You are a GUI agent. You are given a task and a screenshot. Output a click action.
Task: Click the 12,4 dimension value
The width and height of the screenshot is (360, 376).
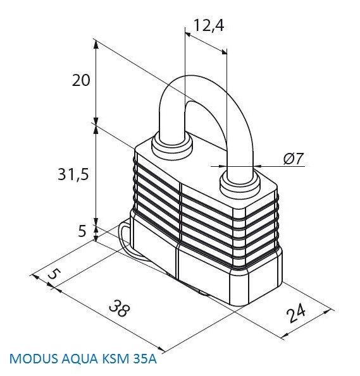208,25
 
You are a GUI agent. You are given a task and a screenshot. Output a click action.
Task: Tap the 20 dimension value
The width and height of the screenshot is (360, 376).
81,80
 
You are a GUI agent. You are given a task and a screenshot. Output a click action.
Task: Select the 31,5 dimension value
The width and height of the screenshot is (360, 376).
73,174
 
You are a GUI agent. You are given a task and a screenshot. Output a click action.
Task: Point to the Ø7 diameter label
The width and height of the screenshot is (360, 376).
294,159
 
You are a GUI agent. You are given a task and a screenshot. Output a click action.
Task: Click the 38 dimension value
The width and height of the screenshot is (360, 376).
120,308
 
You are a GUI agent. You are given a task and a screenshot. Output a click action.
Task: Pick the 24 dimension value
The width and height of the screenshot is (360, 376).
296,313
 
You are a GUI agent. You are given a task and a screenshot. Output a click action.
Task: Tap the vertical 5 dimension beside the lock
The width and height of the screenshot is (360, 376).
82,231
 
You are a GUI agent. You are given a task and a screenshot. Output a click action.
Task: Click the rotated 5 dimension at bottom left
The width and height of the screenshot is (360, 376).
54,274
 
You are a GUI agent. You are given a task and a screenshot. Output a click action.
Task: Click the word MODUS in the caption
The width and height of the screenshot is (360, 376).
34,359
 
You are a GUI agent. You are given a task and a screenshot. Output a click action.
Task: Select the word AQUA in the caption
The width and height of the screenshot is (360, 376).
80,359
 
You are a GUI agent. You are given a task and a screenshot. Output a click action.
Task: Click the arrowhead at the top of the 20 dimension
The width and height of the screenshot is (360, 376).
96,45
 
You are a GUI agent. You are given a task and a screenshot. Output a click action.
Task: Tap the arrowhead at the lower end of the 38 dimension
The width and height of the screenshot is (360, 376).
161,349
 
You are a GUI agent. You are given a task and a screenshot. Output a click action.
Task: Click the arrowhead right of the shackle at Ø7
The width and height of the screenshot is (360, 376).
258,166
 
